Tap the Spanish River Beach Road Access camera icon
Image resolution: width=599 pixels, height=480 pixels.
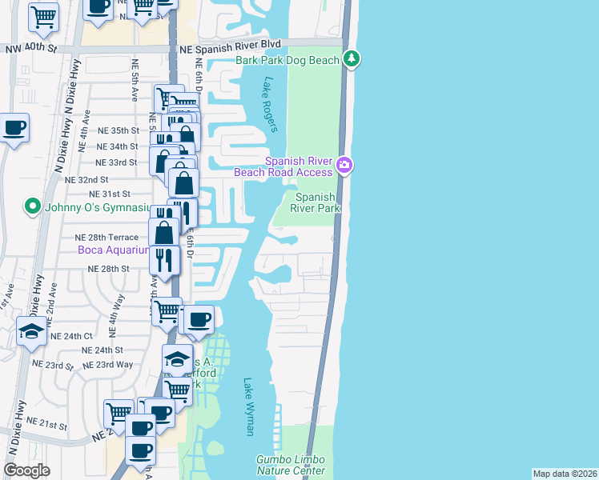coord(345,165)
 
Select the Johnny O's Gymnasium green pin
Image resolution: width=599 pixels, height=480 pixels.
coord(33,206)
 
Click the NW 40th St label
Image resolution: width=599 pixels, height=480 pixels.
coord(31,49)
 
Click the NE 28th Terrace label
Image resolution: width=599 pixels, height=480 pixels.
coord(107,238)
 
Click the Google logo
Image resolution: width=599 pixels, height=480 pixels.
coord(26,470)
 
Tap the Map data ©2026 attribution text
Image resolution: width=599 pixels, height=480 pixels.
coord(565,474)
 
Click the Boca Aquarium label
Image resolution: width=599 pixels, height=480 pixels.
coord(113,250)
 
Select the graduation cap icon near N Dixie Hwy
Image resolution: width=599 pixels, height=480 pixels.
coord(31,332)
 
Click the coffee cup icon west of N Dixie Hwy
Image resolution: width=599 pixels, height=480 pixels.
coord(14,127)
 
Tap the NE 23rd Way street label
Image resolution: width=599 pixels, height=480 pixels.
coord(114,364)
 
